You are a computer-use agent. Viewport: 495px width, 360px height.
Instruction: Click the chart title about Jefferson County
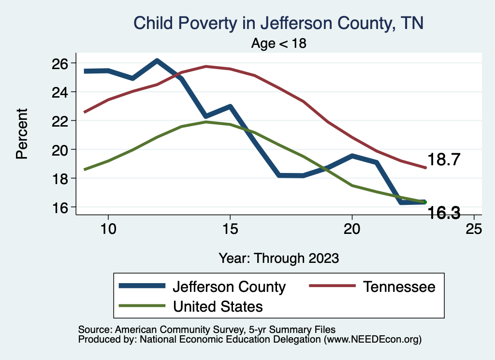[278, 23]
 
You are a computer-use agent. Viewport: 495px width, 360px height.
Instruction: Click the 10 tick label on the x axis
[108, 229]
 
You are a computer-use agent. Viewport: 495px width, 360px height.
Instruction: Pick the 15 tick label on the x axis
[230, 229]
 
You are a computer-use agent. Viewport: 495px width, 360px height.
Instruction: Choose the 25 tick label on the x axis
[473, 229]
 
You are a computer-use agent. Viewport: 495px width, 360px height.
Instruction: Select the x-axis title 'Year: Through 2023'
[278, 258]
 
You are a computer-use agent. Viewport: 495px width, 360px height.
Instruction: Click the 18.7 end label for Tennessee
[443, 160]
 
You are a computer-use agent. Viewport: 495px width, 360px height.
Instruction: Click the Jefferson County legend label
[229, 287]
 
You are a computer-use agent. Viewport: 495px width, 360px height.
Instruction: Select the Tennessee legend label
[399, 287]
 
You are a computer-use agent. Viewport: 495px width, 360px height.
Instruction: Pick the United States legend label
[218, 306]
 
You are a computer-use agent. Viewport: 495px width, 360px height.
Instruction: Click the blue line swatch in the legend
[143, 287]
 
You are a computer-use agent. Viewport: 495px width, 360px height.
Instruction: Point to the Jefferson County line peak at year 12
[157, 61]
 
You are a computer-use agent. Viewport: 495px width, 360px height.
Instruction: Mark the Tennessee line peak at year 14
[205, 66]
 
